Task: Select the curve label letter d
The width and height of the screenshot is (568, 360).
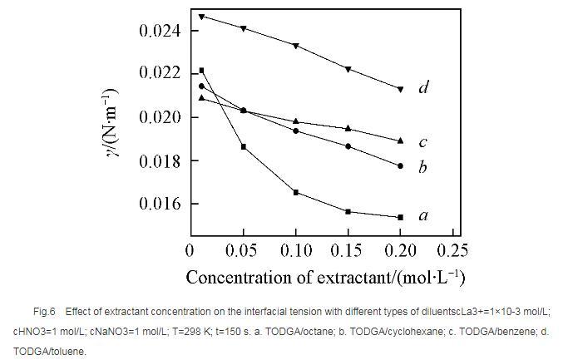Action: [423, 87]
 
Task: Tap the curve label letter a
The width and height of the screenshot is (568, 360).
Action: [423, 216]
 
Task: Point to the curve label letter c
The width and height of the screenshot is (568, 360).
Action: [423, 142]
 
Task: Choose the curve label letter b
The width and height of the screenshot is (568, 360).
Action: [423, 167]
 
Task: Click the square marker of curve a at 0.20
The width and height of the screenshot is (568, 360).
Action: [400, 217]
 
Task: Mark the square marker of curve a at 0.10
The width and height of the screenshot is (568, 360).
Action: [295, 192]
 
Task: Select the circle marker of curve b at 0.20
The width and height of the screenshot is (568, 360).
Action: [400, 165]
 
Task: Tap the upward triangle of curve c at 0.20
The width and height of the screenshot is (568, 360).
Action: [400, 141]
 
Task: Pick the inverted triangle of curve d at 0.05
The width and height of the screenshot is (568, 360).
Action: [243, 28]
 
